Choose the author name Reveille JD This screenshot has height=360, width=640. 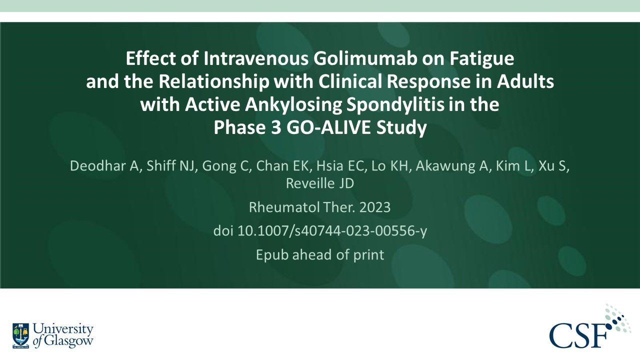(320, 183)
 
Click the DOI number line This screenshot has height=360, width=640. (320, 231)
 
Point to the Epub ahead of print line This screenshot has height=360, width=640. (320, 254)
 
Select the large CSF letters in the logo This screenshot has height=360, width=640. (580, 335)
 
